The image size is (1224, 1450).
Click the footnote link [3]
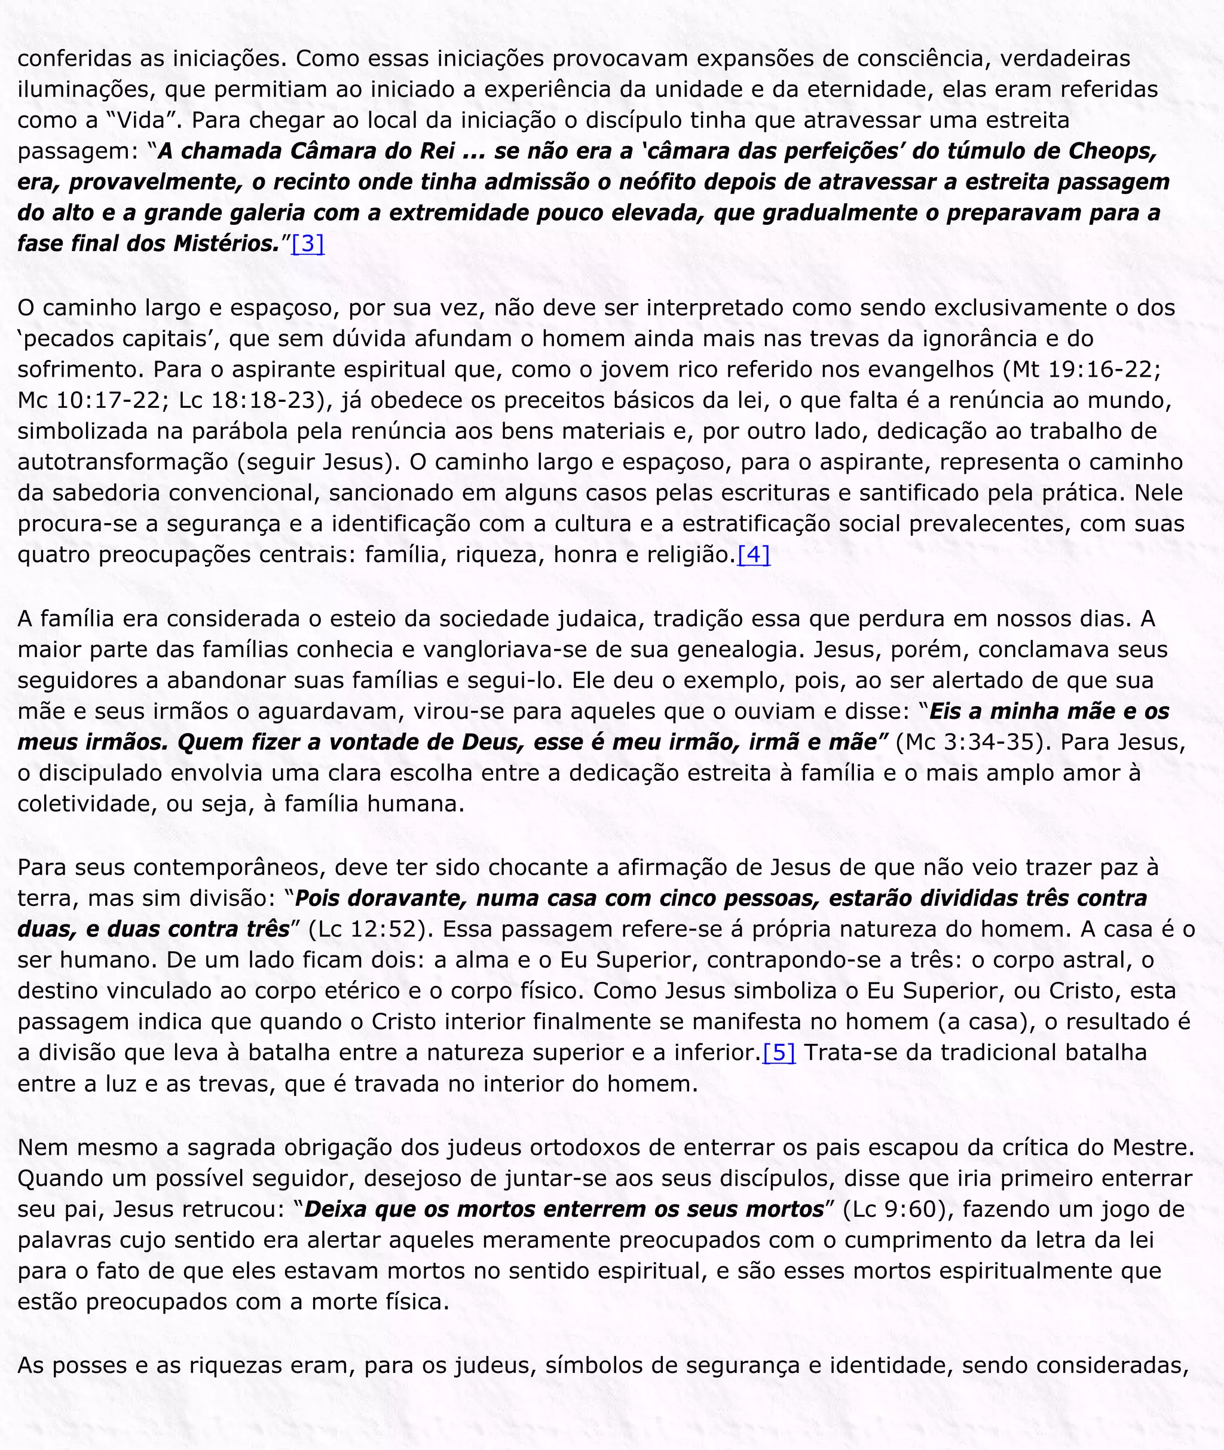[x=307, y=243]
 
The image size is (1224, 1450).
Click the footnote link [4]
[x=753, y=555]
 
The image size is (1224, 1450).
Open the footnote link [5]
[x=779, y=1053]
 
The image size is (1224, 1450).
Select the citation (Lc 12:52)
[x=366, y=929]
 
